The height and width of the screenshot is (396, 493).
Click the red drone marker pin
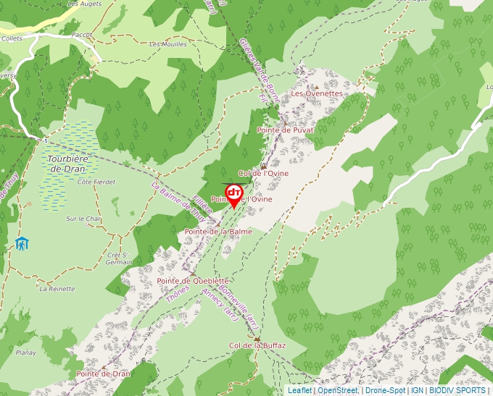pyautogui.click(x=234, y=194)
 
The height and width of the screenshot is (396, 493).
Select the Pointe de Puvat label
pyautogui.click(x=286, y=130)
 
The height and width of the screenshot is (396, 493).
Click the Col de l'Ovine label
pyautogui.click(x=263, y=173)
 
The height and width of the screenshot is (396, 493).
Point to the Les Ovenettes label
pyautogui.click(x=316, y=93)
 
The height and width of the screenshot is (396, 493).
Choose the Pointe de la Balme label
pyautogui.click(x=218, y=231)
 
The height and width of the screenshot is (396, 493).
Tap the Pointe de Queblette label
pyautogui.click(x=193, y=280)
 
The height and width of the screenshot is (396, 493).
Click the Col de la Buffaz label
pyautogui.click(x=257, y=345)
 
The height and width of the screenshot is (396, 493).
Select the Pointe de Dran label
pyautogui.click(x=104, y=374)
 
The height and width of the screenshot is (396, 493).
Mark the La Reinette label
pyautogui.click(x=57, y=288)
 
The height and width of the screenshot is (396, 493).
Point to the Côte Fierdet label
pyautogui.click(x=96, y=182)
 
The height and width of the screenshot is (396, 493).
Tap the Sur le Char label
pyautogui.click(x=83, y=218)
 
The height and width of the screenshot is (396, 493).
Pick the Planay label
pyautogui.click(x=25, y=353)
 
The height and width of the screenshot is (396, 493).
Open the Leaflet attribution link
pyautogui.click(x=299, y=390)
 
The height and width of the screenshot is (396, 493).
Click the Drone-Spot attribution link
pyautogui.click(x=384, y=390)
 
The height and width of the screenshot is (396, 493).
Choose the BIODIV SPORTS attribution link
pyautogui.click(x=457, y=390)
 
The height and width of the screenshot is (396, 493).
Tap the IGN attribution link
pyautogui.click(x=417, y=390)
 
